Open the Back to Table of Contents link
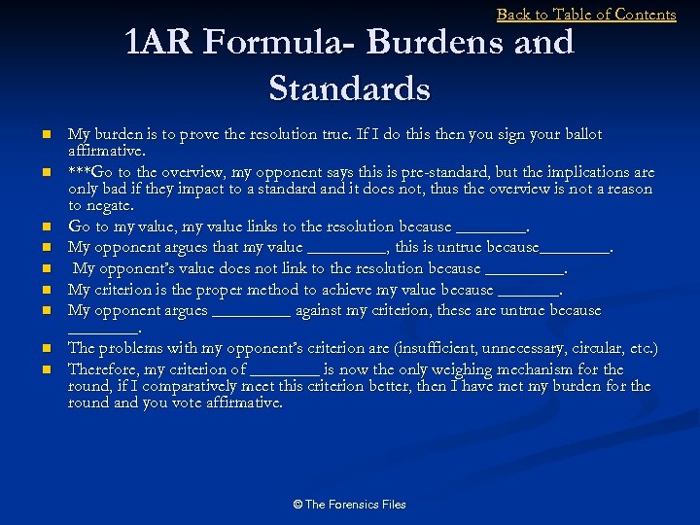[586, 15]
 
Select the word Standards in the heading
[349, 88]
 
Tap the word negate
[110, 206]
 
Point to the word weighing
[454, 369]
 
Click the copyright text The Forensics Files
[349, 505]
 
